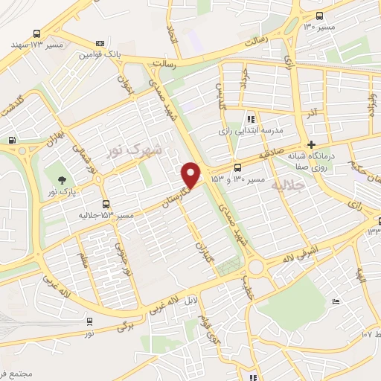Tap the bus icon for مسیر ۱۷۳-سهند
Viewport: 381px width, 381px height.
pyautogui.click(x=38, y=33)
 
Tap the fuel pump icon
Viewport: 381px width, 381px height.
pyautogui.click(x=12, y=141)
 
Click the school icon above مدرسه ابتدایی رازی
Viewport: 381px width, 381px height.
pyautogui.click(x=252, y=118)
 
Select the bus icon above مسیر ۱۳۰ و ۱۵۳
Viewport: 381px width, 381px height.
pyautogui.click(x=237, y=168)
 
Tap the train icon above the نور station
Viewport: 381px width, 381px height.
pyautogui.click(x=89, y=321)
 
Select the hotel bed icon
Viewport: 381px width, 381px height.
pyautogui.click(x=336, y=301)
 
